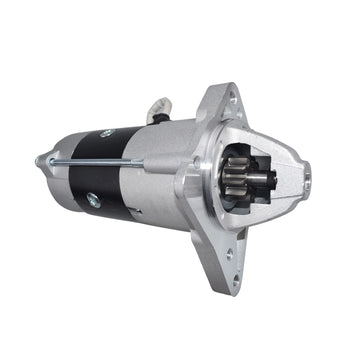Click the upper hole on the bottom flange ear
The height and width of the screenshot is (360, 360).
click(x=238, y=237)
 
